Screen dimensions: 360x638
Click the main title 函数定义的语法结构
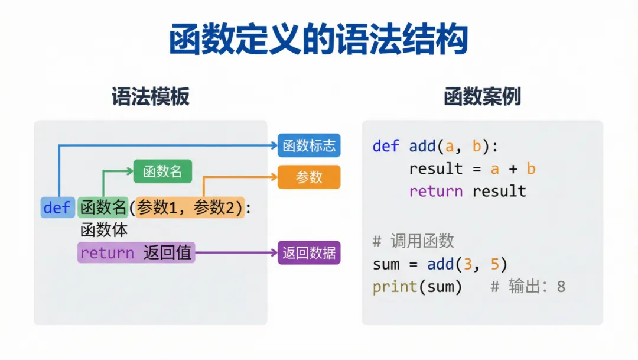(318, 40)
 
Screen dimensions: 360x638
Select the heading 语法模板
(151, 96)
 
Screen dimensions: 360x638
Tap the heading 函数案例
(482, 96)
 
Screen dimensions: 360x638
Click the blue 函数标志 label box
(309, 145)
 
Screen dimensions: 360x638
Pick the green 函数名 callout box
(162, 171)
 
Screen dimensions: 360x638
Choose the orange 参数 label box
(309, 177)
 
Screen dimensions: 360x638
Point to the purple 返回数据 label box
(309, 253)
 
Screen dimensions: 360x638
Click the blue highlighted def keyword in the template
(57, 207)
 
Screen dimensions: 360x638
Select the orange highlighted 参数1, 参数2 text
(190, 207)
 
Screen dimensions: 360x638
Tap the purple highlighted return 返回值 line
(136, 253)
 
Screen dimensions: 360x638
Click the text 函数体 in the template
(104, 230)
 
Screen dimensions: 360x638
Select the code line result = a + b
(472, 168)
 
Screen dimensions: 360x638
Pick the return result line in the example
(467, 191)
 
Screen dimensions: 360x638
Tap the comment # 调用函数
(414, 241)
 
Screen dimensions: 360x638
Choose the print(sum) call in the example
(417, 287)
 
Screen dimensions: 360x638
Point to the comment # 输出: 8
(528, 287)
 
